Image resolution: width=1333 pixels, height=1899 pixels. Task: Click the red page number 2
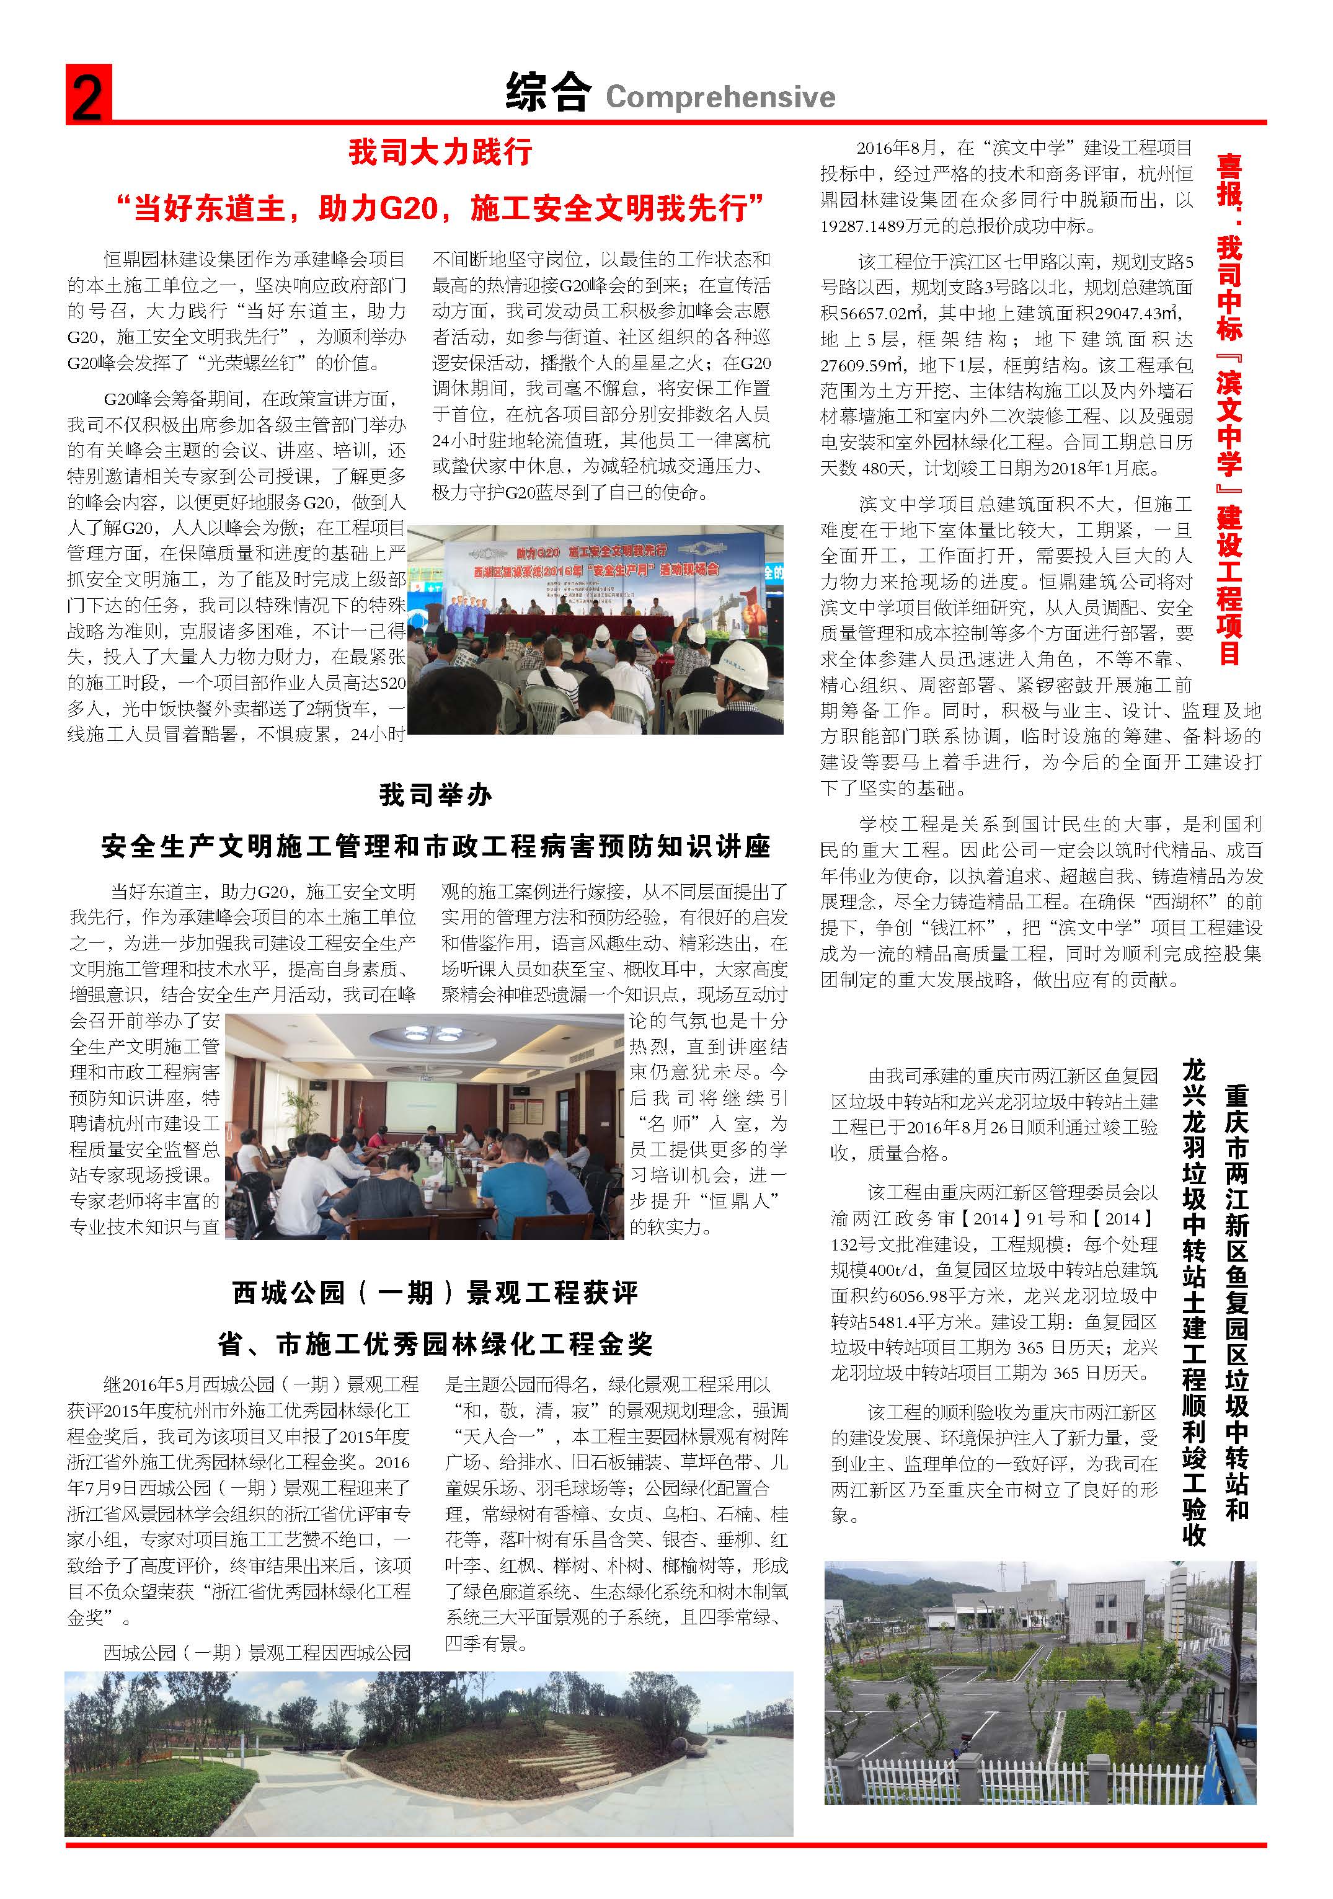[87, 97]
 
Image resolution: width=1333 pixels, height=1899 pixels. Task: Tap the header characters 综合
[547, 92]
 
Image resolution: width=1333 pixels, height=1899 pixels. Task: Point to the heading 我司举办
[436, 795]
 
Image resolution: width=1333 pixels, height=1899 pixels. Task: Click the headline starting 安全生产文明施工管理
[436, 846]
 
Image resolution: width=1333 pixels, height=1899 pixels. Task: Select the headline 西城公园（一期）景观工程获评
[436, 1293]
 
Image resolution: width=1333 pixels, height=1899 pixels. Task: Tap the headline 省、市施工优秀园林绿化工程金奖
[436, 1344]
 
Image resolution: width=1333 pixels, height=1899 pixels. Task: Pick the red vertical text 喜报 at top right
[1229, 180]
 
